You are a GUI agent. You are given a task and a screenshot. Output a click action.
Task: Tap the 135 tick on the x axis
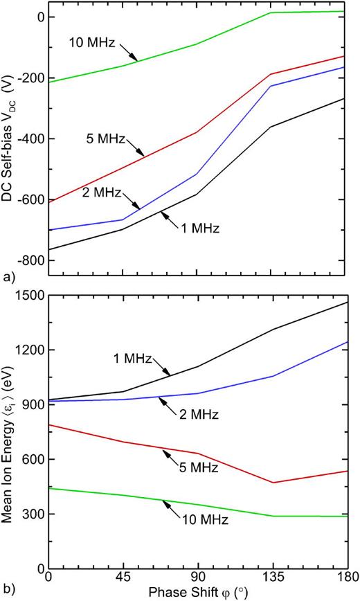click(272, 576)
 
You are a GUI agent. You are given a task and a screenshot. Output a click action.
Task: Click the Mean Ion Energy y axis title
click(9, 431)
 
